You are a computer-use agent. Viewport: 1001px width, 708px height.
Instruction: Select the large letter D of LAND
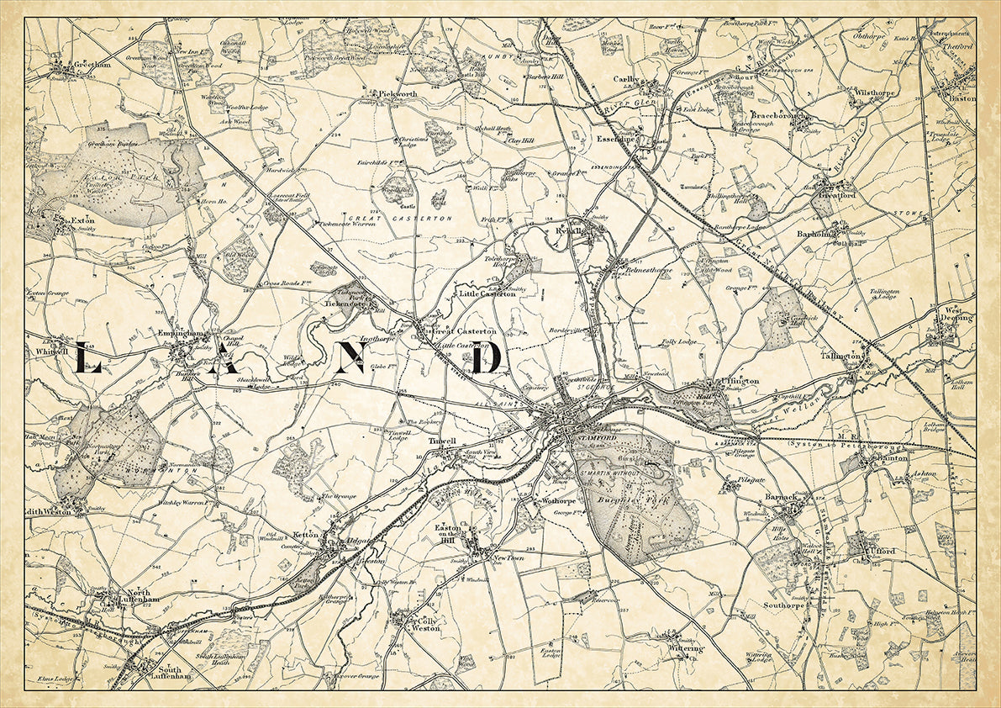(x=487, y=357)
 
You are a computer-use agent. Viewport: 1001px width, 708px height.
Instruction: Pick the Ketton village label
(x=303, y=534)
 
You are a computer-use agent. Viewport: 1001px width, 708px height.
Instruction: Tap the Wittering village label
(x=686, y=648)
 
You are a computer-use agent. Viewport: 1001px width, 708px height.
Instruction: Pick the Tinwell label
(x=442, y=441)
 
